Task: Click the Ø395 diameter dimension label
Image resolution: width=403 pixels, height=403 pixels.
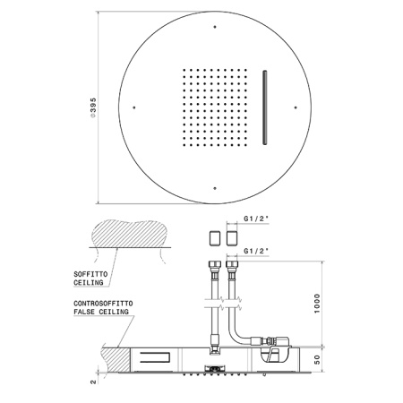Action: tap(93, 107)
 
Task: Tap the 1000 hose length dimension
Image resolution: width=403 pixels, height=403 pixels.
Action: tap(317, 304)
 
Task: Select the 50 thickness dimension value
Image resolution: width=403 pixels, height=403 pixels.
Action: tap(317, 359)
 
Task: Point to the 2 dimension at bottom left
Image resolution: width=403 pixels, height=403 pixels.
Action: tap(93, 382)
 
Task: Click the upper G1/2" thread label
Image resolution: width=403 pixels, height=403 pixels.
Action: tap(256, 219)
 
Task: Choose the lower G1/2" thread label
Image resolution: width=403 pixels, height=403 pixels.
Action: tap(256, 251)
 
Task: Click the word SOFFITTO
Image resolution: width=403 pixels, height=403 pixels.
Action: tap(90, 274)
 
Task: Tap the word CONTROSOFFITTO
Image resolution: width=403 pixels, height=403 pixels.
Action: tap(103, 304)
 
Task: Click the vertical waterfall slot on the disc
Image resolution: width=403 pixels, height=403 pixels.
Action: tap(265, 107)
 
